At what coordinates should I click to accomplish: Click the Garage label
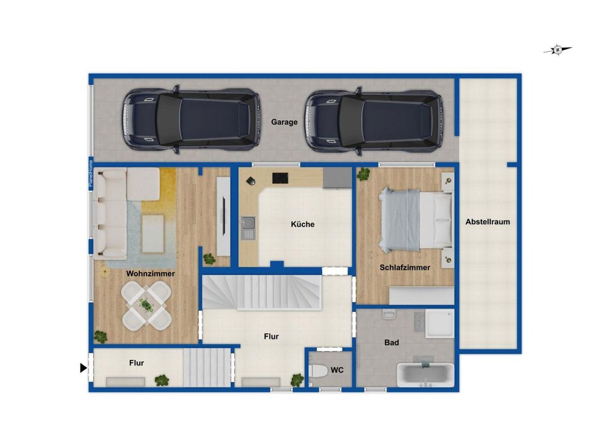(x=284, y=122)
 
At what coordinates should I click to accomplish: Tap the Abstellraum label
(x=487, y=222)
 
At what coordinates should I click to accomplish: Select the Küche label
(x=302, y=224)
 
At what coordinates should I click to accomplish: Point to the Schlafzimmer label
(x=405, y=267)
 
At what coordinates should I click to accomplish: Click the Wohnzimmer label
(x=150, y=273)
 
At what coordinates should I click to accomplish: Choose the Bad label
(x=392, y=342)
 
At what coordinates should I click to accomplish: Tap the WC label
(x=337, y=370)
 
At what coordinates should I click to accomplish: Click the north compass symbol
(x=557, y=50)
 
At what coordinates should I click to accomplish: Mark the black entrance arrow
(x=83, y=368)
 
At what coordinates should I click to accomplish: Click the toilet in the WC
(x=317, y=371)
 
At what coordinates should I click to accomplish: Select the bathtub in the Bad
(x=426, y=374)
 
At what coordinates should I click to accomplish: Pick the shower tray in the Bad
(x=440, y=324)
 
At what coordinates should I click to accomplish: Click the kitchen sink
(x=248, y=227)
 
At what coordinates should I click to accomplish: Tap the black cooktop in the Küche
(x=280, y=178)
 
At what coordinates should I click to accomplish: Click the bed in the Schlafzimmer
(x=415, y=220)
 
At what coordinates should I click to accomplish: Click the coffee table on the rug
(x=153, y=234)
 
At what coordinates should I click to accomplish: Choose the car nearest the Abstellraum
(x=373, y=121)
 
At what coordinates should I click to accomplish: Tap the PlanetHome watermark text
(x=91, y=173)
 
